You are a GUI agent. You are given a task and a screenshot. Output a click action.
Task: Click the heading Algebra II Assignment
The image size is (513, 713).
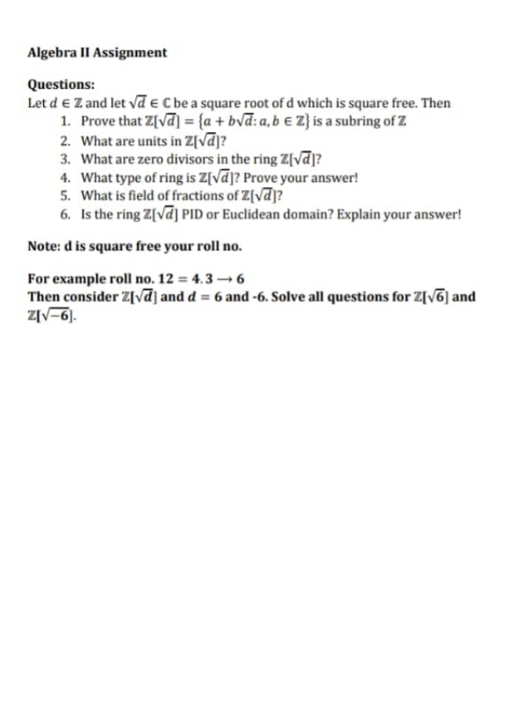click(97, 53)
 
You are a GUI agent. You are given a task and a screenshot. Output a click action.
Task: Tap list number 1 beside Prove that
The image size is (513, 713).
click(65, 120)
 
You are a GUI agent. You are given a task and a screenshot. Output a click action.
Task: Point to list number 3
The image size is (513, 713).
click(65, 159)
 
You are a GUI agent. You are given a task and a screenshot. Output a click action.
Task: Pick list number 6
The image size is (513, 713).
click(65, 216)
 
